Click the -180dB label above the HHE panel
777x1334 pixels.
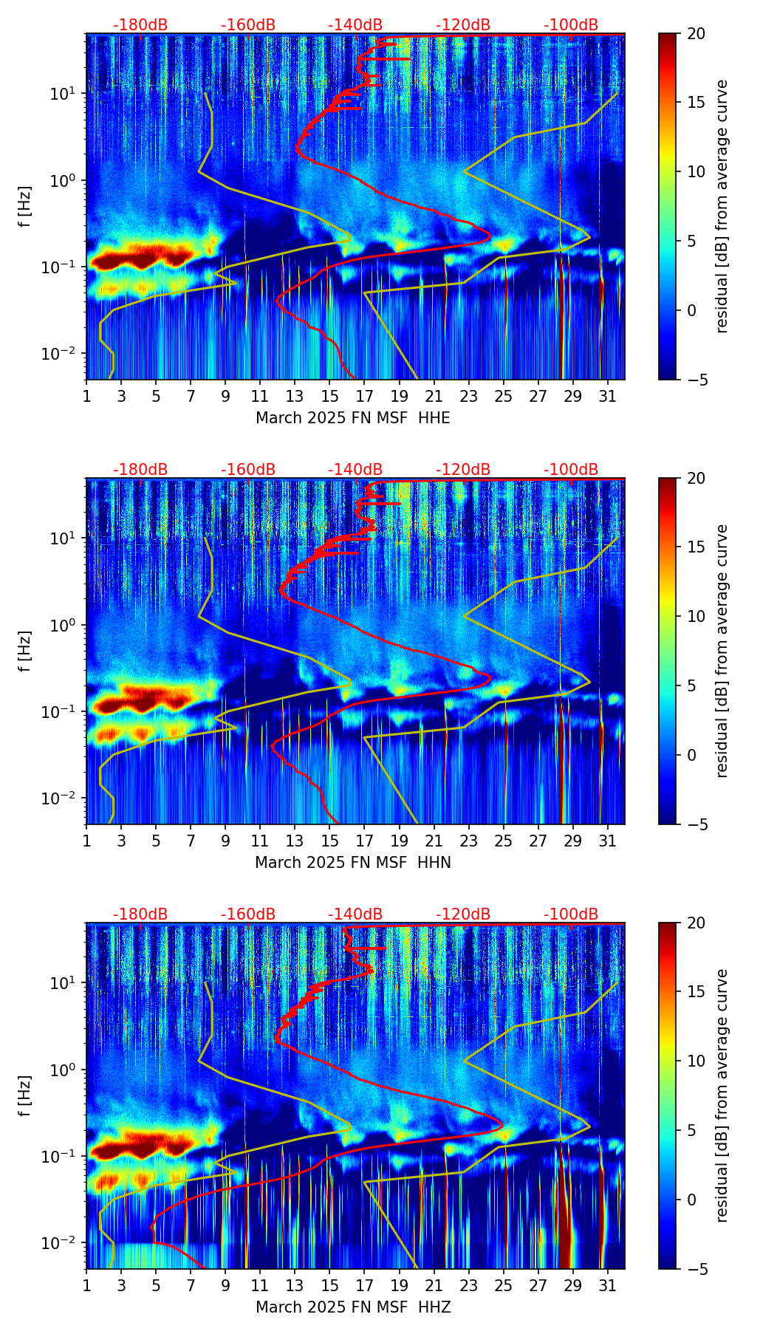pos(140,25)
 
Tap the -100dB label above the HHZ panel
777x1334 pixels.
pos(571,914)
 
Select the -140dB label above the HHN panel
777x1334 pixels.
pos(355,470)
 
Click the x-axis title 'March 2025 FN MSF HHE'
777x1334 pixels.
pos(353,418)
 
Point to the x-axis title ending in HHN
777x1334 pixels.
pos(353,863)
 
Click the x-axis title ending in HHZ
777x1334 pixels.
pos(353,1307)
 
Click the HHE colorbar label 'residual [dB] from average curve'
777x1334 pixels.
pos(722,206)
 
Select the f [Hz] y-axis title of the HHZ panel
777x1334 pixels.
pos(25,1095)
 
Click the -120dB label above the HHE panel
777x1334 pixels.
pos(463,25)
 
